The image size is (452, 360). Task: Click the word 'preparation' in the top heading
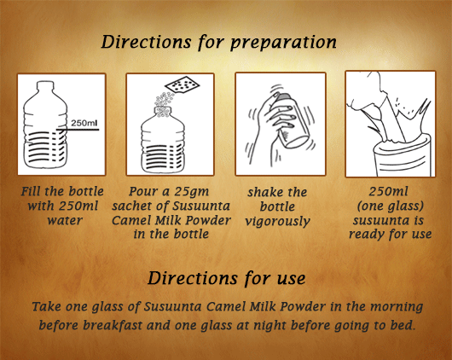tap(283, 43)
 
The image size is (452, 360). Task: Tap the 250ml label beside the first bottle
tap(84, 123)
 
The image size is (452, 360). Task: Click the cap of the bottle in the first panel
tap(45, 84)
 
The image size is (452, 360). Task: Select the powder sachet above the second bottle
tap(183, 84)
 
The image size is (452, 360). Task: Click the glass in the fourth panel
tap(403, 157)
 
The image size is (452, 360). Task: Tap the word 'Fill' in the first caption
tap(31, 191)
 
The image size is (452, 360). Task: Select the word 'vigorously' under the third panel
tap(277, 222)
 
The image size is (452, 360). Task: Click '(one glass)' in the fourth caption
tap(391, 206)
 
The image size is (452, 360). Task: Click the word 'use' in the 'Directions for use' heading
tap(291, 279)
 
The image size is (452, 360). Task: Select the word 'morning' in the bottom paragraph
tap(397, 307)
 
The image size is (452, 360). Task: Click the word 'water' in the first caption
tap(65, 221)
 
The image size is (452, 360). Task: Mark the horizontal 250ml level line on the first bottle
tap(78, 130)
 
